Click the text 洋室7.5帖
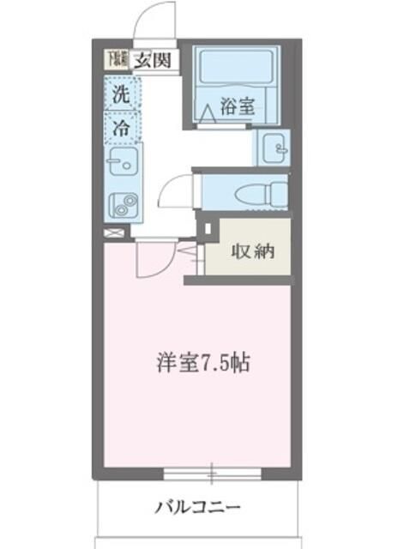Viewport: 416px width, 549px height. click(x=203, y=363)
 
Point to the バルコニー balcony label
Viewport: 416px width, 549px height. click(x=197, y=505)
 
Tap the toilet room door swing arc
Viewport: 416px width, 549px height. click(x=174, y=190)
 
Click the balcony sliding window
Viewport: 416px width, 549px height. click(x=211, y=473)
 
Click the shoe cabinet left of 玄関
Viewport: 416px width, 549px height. click(x=116, y=59)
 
